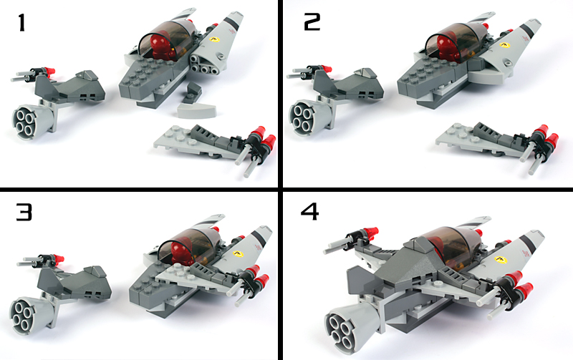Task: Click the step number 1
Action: tap(21, 22)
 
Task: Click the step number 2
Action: tap(312, 22)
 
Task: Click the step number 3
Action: tap(24, 212)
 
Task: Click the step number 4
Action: tap(309, 211)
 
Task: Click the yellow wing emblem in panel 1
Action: tap(214, 39)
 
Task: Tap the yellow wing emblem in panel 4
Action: tap(500, 260)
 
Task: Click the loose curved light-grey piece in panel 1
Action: tap(197, 110)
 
